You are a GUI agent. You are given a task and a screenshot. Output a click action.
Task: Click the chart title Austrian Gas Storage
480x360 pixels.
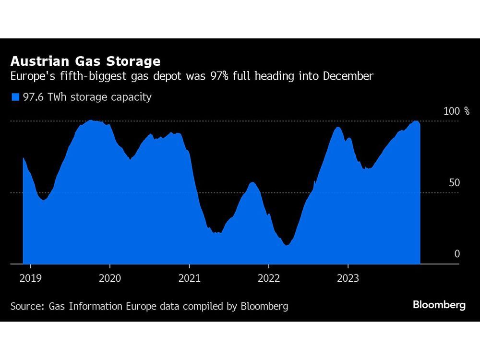coord(85,61)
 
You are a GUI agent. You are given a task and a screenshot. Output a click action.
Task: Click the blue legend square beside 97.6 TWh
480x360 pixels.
coord(15,97)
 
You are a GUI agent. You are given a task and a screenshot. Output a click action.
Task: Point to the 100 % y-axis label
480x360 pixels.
coord(456,111)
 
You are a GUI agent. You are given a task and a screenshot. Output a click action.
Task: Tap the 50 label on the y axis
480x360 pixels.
coord(454,183)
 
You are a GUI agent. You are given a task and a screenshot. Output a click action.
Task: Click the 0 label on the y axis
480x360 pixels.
coord(457,254)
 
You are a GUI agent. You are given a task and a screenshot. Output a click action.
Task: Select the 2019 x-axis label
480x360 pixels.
coord(30,278)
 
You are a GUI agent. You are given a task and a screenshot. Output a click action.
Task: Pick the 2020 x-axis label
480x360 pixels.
coord(109,278)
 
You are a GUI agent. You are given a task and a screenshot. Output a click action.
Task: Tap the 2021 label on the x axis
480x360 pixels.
coord(189,278)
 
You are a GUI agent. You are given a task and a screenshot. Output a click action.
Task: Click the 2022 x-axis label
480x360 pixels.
coord(268,278)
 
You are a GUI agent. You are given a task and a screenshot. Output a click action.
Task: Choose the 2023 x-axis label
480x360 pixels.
coord(348,278)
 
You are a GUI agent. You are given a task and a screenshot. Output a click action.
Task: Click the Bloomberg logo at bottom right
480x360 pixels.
coord(439,305)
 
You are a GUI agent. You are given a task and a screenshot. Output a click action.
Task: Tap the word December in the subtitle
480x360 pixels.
coord(349,76)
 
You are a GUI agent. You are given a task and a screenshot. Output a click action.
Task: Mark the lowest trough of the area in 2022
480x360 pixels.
coord(287,245)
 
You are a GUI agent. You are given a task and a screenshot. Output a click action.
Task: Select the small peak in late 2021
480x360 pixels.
coord(252,182)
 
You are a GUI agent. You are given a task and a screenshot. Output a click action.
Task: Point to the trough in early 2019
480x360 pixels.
coord(44,200)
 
